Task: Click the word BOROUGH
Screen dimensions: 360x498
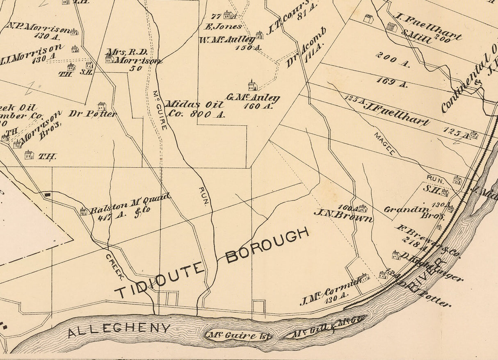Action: [267, 246]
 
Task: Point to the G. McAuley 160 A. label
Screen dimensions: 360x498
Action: [253, 101]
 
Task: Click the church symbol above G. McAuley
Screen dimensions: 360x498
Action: [252, 86]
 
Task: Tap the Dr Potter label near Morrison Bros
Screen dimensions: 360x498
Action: [93, 114]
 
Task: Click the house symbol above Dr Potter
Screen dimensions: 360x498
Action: [102, 106]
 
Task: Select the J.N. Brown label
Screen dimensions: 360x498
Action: [343, 216]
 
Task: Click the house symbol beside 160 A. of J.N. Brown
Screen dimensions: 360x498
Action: [362, 208]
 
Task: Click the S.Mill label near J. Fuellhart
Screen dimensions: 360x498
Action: [417, 37]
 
